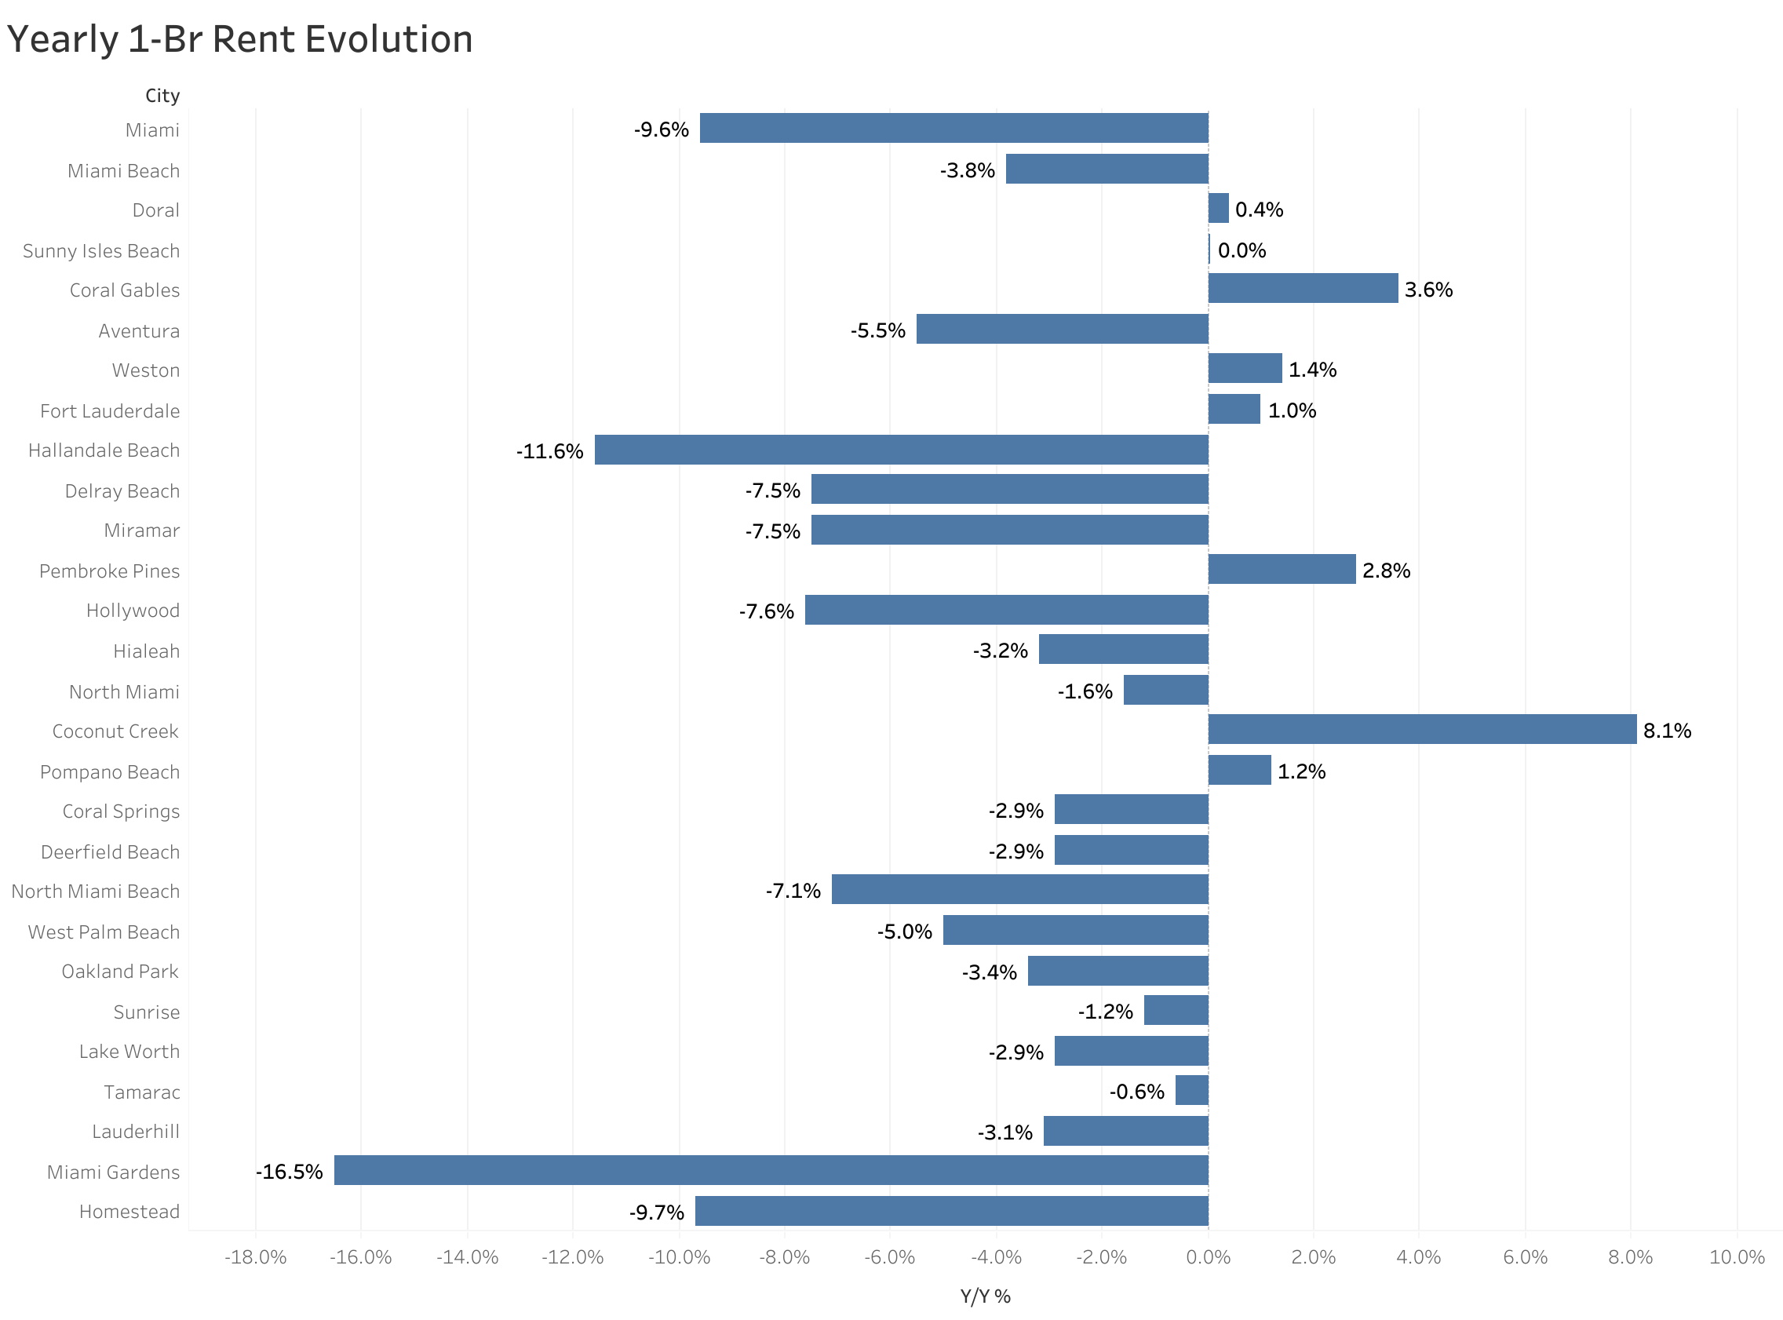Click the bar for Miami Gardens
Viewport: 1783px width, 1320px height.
coord(771,1171)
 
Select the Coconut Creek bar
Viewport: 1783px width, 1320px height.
coord(1422,730)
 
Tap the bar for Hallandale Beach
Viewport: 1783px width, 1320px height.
coord(901,450)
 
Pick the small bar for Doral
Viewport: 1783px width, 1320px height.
coord(1218,209)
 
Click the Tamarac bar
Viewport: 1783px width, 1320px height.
coord(1192,1091)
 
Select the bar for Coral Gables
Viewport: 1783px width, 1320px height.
coord(1303,289)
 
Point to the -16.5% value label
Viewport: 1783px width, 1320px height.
coord(289,1172)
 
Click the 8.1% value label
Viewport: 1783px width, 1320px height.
coord(1667,731)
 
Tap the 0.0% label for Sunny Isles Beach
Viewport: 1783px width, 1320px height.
coord(1242,250)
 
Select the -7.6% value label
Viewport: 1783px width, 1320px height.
coord(766,611)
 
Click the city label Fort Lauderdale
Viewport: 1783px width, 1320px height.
coord(109,410)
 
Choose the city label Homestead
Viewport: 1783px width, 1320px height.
coord(129,1212)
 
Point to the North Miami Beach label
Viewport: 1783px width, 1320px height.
coord(95,891)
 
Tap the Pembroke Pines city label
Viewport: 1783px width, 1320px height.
coord(109,571)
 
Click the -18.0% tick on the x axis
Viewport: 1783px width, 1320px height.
coord(256,1257)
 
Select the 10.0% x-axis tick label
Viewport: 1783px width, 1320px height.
coord(1736,1257)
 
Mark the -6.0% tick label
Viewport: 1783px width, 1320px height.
coord(889,1257)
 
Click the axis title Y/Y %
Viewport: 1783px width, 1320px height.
coord(985,1296)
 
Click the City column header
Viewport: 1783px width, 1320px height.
coord(162,96)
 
